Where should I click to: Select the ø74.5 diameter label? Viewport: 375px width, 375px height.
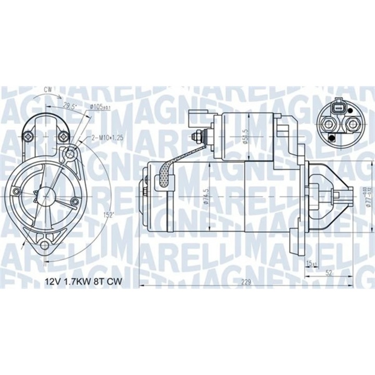pyautogui.click(x=206, y=197)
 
